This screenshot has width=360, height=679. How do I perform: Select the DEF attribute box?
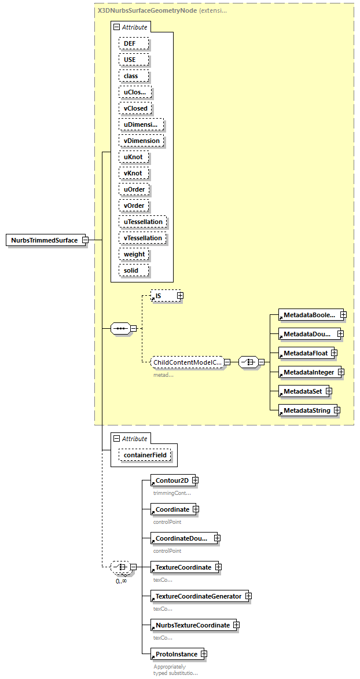point(134,43)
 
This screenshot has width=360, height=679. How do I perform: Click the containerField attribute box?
point(145,456)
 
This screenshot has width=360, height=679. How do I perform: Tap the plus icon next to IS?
point(180,296)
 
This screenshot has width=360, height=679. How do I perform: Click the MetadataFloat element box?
point(302,353)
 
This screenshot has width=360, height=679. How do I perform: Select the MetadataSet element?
point(302,391)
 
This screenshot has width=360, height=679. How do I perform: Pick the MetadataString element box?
point(306,410)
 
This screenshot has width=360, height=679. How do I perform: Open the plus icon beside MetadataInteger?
point(341,372)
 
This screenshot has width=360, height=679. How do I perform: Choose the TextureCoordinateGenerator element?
point(199,596)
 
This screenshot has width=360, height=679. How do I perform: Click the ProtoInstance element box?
point(177,654)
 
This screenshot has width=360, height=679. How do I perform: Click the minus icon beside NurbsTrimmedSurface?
point(85,240)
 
